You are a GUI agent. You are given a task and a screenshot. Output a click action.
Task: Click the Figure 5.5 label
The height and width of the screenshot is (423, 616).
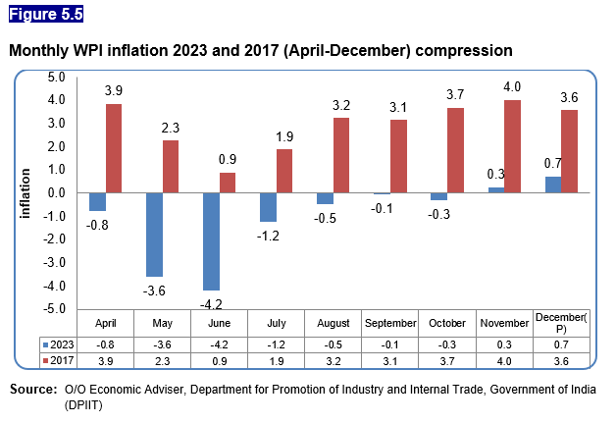tap(46, 14)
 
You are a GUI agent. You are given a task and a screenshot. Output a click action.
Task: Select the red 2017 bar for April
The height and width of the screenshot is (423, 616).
tap(115, 148)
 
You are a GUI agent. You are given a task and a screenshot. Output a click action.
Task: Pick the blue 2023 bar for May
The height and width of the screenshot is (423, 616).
tap(155, 235)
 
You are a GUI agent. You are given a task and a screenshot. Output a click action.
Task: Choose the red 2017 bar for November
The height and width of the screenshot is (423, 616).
tap(512, 146)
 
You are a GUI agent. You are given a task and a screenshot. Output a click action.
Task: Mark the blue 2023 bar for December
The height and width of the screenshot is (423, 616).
tap(553, 185)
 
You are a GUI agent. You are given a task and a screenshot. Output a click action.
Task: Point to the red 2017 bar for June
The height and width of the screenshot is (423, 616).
tap(228, 183)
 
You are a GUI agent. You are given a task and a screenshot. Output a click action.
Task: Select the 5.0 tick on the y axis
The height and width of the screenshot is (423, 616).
tap(56, 77)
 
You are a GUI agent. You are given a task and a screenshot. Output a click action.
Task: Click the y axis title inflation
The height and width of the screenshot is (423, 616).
tap(26, 192)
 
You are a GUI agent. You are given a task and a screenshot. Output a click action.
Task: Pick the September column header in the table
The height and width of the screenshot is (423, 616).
tap(390, 323)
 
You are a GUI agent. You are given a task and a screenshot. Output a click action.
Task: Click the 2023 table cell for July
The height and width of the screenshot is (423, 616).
tap(277, 344)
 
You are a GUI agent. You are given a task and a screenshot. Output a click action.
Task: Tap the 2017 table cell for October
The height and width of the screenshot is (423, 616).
tap(447, 362)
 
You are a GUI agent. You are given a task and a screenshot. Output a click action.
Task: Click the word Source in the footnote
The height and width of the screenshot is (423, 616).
tap(32, 390)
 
